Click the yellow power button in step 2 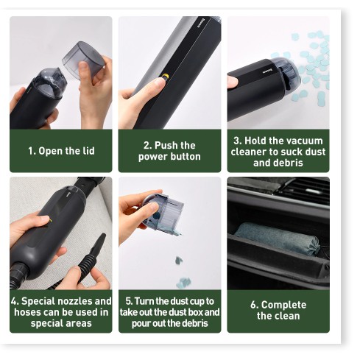click(166, 77)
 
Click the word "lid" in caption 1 click(88, 151)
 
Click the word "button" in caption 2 click(186, 157)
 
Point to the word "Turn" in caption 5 click(144, 301)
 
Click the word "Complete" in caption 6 click(283, 305)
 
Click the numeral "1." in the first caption click(32, 151)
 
